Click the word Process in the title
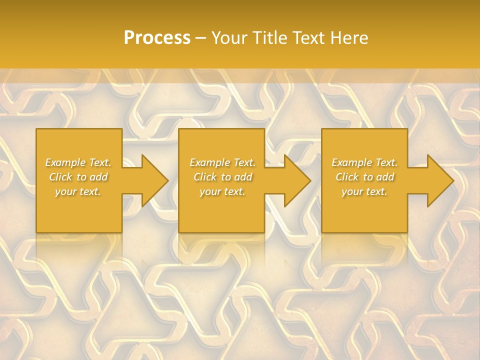pyautogui.click(x=157, y=38)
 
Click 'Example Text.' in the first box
pyautogui.click(x=78, y=162)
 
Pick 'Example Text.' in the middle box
pyautogui.click(x=222, y=162)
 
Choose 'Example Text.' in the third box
pyautogui.click(x=364, y=162)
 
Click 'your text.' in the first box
pyautogui.click(x=78, y=191)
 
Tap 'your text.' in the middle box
pyautogui.click(x=222, y=191)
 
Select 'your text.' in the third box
pyautogui.click(x=364, y=191)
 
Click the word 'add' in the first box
pyautogui.click(x=98, y=177)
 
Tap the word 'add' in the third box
pyautogui.click(x=385, y=177)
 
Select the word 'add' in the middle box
pyautogui.click(x=242, y=177)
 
